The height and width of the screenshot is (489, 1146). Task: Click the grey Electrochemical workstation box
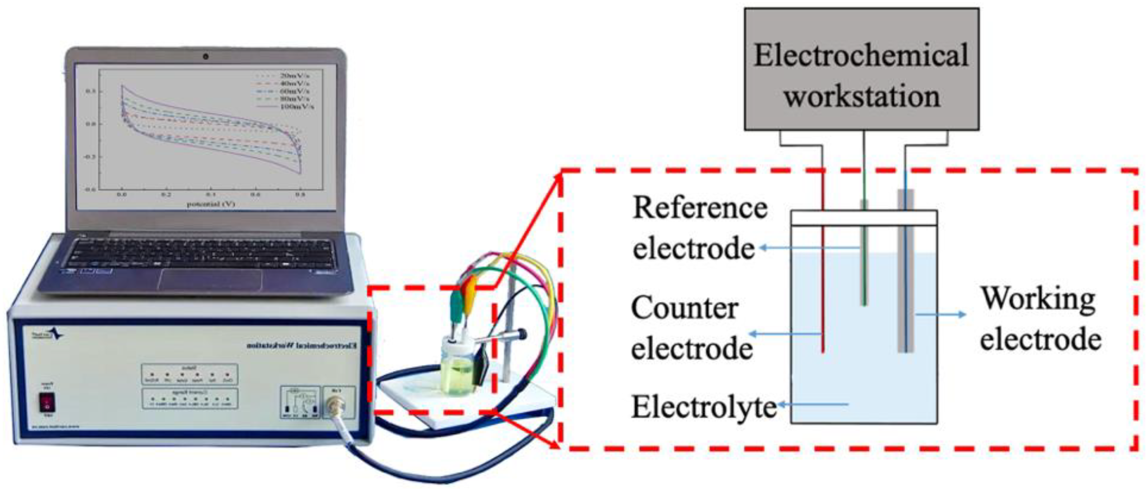point(862,69)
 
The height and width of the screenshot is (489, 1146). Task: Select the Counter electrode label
point(692,328)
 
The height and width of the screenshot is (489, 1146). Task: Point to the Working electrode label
point(1040,318)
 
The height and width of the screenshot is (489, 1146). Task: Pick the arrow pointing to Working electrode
point(940,314)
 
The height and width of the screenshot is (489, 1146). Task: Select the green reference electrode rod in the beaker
point(864,276)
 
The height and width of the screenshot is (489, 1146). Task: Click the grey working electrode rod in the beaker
point(905,289)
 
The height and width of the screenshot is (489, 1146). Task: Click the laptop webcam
point(206,56)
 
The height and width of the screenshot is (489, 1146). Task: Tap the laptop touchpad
point(210,280)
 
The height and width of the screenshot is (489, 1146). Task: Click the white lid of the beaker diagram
point(864,218)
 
